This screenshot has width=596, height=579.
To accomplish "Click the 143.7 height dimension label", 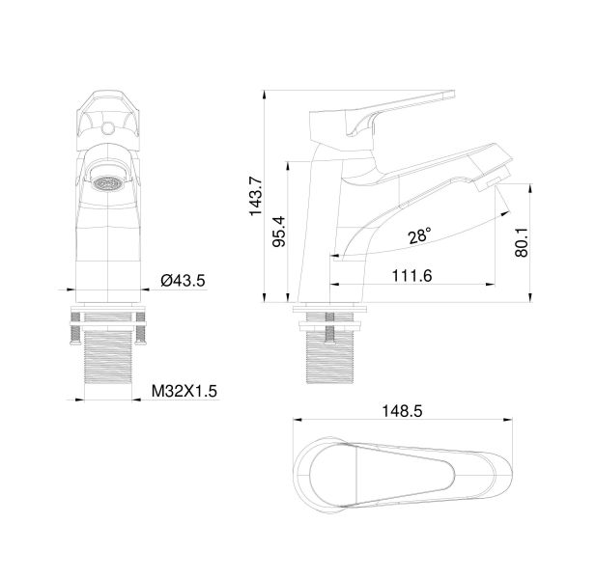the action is pyautogui.click(x=255, y=196).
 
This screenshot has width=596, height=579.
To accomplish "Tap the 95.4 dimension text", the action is pyautogui.click(x=279, y=232).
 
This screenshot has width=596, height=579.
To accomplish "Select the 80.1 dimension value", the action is pyautogui.click(x=522, y=242).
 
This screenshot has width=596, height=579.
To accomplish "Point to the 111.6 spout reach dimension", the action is pyautogui.click(x=412, y=275).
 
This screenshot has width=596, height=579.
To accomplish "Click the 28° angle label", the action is pyautogui.click(x=419, y=236).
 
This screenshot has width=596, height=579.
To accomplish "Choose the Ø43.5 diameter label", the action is pyautogui.click(x=183, y=281).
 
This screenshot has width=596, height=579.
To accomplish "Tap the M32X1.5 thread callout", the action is pyautogui.click(x=184, y=391).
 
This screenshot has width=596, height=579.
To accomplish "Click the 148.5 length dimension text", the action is pyautogui.click(x=402, y=411).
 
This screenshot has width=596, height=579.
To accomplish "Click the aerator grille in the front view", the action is pyautogui.click(x=109, y=183).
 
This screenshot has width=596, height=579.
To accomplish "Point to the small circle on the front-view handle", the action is pyautogui.click(x=109, y=128).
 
